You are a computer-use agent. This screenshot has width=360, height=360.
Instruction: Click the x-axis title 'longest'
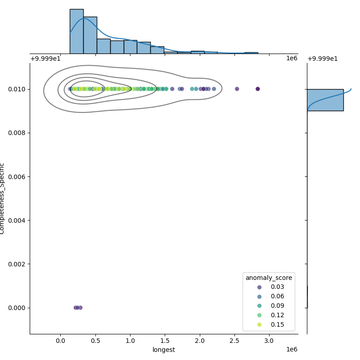[164, 350]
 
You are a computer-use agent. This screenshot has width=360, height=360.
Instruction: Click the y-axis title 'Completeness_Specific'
[3, 198]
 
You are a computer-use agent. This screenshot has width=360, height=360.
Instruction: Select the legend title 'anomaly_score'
[269, 278]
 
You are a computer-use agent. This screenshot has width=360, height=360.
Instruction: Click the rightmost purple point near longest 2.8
[257, 89]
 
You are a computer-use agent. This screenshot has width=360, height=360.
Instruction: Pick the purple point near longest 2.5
[237, 89]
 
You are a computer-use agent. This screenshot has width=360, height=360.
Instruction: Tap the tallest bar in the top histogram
[76, 31]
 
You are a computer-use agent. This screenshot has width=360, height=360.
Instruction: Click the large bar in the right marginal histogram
[325, 100]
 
